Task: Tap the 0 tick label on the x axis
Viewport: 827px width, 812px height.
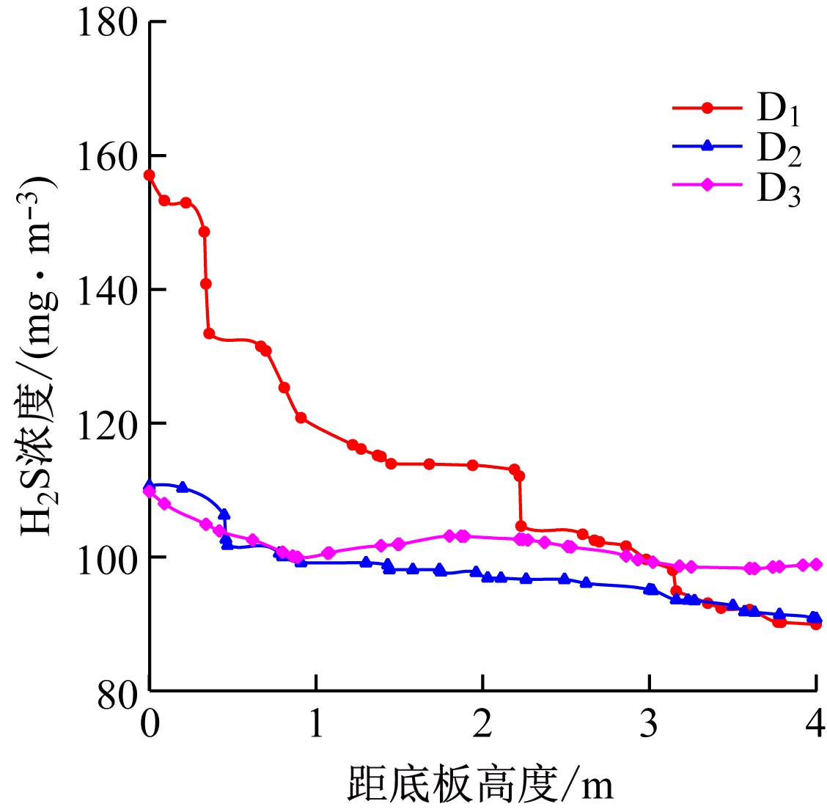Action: [x=150, y=725]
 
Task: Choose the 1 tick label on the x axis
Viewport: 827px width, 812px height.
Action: [x=316, y=725]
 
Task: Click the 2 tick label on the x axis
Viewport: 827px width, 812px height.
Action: [x=482, y=725]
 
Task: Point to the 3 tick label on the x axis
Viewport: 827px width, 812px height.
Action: [x=650, y=725]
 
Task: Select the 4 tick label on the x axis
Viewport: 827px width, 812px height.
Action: [x=815, y=725]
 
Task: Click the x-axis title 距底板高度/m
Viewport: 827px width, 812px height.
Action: [x=480, y=785]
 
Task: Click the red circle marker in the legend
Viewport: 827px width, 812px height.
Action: [x=707, y=108]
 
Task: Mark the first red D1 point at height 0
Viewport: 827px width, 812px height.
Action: [x=150, y=175]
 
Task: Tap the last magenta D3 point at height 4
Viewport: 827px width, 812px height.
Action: [x=815, y=565]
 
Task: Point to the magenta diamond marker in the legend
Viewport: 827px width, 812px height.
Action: [x=707, y=185]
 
